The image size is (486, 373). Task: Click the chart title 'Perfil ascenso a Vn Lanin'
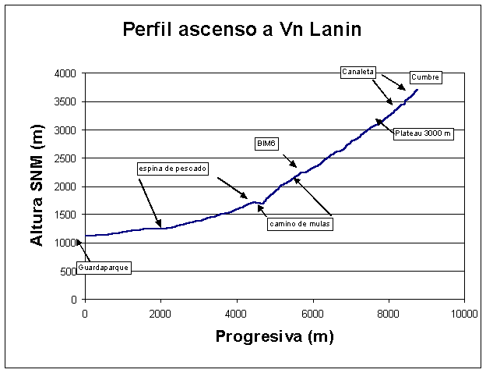coord(242,31)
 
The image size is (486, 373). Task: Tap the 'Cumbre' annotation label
coord(425,77)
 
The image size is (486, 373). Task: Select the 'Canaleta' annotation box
coord(359,72)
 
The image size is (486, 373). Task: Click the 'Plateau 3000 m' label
coord(422,133)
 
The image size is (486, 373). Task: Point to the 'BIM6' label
coord(268,144)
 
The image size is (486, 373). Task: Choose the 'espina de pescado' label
coord(172,169)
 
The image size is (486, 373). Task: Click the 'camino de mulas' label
coord(300,225)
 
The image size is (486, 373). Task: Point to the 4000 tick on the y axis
coord(65,73)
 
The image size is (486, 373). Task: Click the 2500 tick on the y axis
coord(65,158)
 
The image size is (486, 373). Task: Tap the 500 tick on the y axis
coord(69,272)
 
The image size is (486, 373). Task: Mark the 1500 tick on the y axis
coord(65,215)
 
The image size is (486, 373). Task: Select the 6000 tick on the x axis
coord(312,313)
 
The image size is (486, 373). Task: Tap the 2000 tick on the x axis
coord(160,313)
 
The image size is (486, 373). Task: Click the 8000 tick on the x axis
coord(388,313)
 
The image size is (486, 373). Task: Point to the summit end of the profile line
coord(417,90)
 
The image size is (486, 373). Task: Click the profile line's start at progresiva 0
coord(86,235)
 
